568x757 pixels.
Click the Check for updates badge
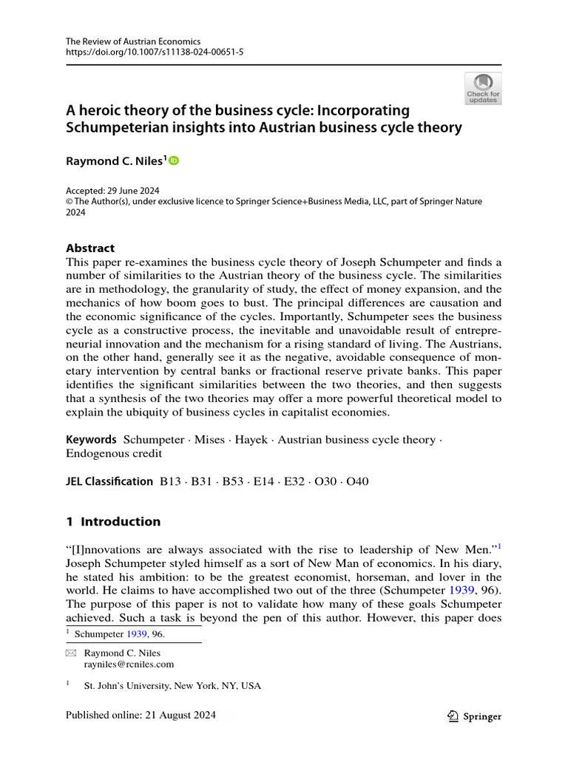[483, 88]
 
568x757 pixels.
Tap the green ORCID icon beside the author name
[175, 160]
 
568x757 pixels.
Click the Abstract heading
[90, 248]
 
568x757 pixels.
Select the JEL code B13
[172, 481]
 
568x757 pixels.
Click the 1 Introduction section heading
[113, 521]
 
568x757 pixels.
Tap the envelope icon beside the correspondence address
[71, 653]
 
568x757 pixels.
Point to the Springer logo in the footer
[474, 716]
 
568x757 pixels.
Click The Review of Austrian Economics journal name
[133, 41]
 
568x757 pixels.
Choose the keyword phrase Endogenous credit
[109, 453]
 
